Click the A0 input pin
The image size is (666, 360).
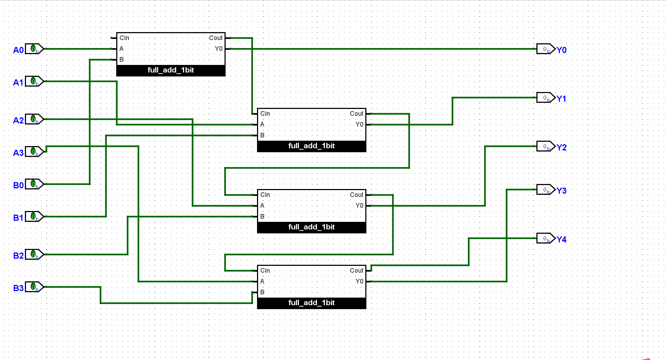pos(34,49)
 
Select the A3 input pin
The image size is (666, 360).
pos(34,152)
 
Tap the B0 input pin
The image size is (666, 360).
pos(34,184)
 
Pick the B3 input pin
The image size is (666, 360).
pos(34,287)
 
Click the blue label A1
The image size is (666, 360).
pos(18,83)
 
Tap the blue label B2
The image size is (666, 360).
pos(18,256)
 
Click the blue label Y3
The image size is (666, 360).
pos(561,191)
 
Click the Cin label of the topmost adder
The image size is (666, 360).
pos(124,38)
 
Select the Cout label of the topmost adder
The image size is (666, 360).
pos(216,38)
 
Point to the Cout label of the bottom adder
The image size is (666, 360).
pos(356,271)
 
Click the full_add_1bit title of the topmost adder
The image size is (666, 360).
pos(171,70)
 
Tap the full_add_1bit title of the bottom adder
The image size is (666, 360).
pos(312,303)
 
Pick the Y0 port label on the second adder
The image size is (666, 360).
pos(359,124)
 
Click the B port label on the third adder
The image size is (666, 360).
pos(262,216)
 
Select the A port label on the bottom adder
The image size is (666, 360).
pos(262,281)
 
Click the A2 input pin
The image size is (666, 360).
pos(34,119)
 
